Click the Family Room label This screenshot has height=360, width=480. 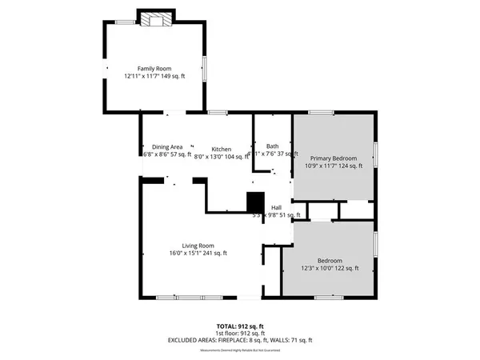tap(154, 69)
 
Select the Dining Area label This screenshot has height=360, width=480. tap(168, 147)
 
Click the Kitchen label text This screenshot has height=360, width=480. tap(222, 150)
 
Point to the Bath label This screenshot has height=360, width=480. tap(273, 146)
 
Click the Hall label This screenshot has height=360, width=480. tap(276, 207)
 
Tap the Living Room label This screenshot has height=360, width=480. tap(198, 246)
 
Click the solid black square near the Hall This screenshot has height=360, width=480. tap(255, 202)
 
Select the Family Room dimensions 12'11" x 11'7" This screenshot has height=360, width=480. tap(142, 77)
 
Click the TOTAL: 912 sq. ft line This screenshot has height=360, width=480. tap(240, 326)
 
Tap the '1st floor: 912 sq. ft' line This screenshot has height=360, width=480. tap(240, 334)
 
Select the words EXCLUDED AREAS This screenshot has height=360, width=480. tap(195, 341)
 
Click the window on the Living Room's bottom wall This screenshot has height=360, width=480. tap(178, 298)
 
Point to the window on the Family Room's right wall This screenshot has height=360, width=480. tap(206, 68)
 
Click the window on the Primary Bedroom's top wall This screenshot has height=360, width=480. tap(322, 113)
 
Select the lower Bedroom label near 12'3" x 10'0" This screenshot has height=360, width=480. tap(330, 261)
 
